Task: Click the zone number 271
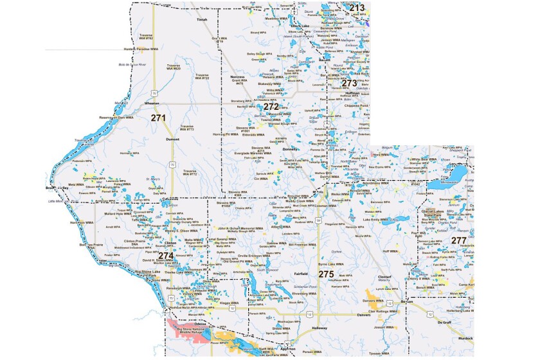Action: [158, 118]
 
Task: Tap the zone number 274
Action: [166, 255]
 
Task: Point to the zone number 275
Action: [326, 274]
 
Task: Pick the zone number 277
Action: [458, 240]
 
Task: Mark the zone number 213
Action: [357, 8]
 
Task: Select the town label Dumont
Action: [173, 139]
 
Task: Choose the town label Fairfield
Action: [301, 273]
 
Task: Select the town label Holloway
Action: [319, 328]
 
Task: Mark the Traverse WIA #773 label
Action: [186, 127]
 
